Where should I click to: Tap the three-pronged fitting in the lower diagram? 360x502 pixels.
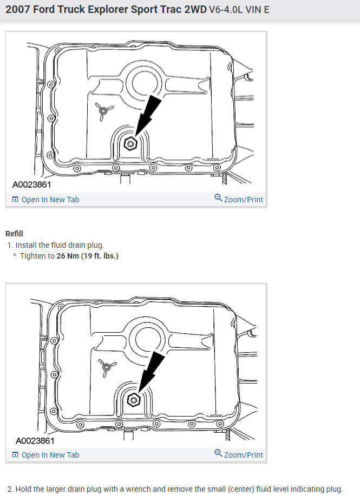(106, 367)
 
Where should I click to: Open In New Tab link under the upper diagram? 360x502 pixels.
(50, 200)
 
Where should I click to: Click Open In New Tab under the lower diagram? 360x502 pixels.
(50, 455)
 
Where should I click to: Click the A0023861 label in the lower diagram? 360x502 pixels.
(35, 440)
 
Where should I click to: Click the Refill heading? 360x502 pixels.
(15, 234)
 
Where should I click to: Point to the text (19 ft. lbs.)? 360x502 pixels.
(100, 256)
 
